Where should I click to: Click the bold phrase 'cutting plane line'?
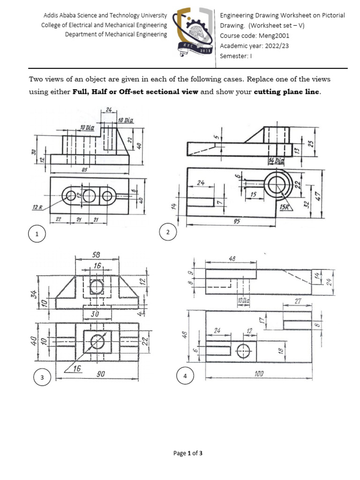click(287, 92)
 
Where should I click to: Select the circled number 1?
click(37, 233)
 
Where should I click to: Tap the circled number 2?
click(167, 232)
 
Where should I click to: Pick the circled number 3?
click(42, 378)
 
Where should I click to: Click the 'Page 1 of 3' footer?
click(188, 453)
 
